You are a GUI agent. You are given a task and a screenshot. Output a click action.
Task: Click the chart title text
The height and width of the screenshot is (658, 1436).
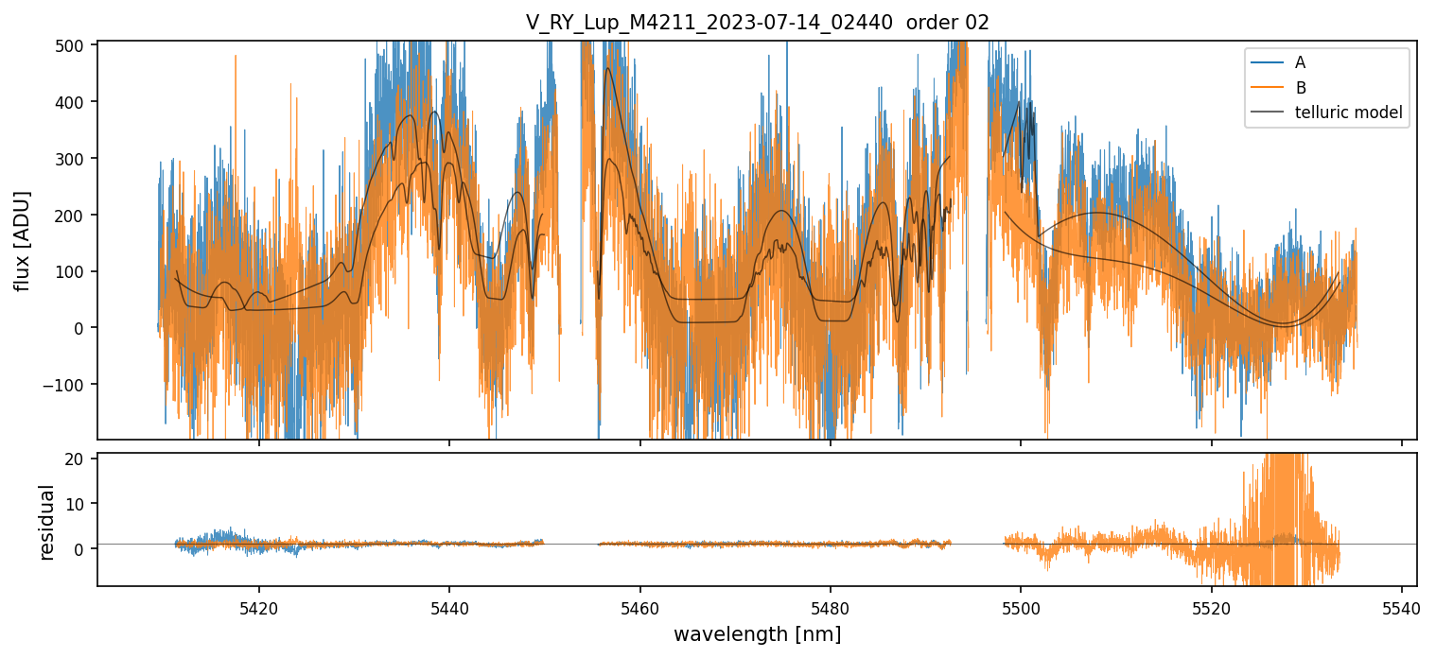pyautogui.click(x=757, y=23)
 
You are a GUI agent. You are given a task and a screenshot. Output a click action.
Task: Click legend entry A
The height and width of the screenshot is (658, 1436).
pyautogui.click(x=1300, y=62)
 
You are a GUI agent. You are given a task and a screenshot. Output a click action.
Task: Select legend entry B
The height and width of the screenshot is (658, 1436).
pyautogui.click(x=1300, y=88)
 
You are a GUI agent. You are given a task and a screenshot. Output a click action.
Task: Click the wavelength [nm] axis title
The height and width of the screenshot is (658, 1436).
pyautogui.click(x=757, y=633)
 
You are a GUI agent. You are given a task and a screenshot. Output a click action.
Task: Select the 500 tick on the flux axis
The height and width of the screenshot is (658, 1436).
pyautogui.click(x=73, y=45)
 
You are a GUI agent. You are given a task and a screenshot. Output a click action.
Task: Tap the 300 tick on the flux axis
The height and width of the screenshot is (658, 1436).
pyautogui.click(x=73, y=159)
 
